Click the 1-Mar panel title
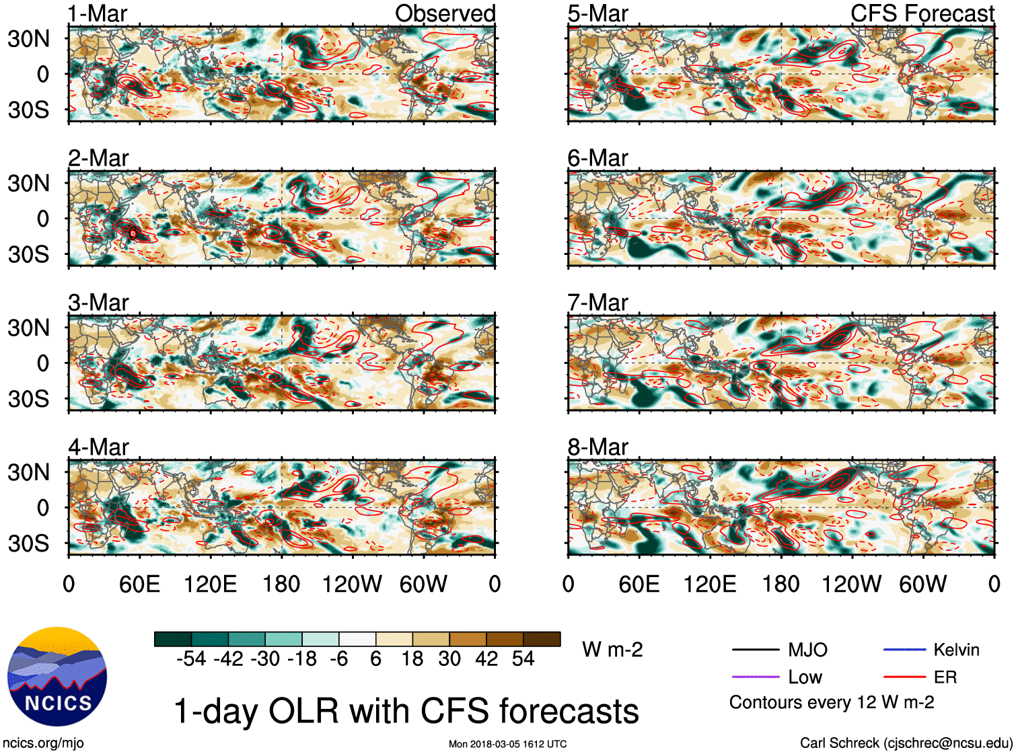point(98,13)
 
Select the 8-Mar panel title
point(597,447)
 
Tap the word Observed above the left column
point(445,13)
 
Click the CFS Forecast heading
point(922,13)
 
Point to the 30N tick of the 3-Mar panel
point(29,328)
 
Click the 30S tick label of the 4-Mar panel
point(29,543)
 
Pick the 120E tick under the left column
point(210,584)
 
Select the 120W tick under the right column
point(851,584)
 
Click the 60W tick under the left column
point(423,584)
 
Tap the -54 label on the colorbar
point(191,658)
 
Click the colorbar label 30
point(449,658)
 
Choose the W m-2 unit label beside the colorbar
point(612,650)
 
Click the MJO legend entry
point(807,650)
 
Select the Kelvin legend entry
point(956,650)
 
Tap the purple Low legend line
point(755,677)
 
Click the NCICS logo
point(57,677)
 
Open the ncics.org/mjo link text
point(43,743)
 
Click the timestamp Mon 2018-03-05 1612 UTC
point(507,744)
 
